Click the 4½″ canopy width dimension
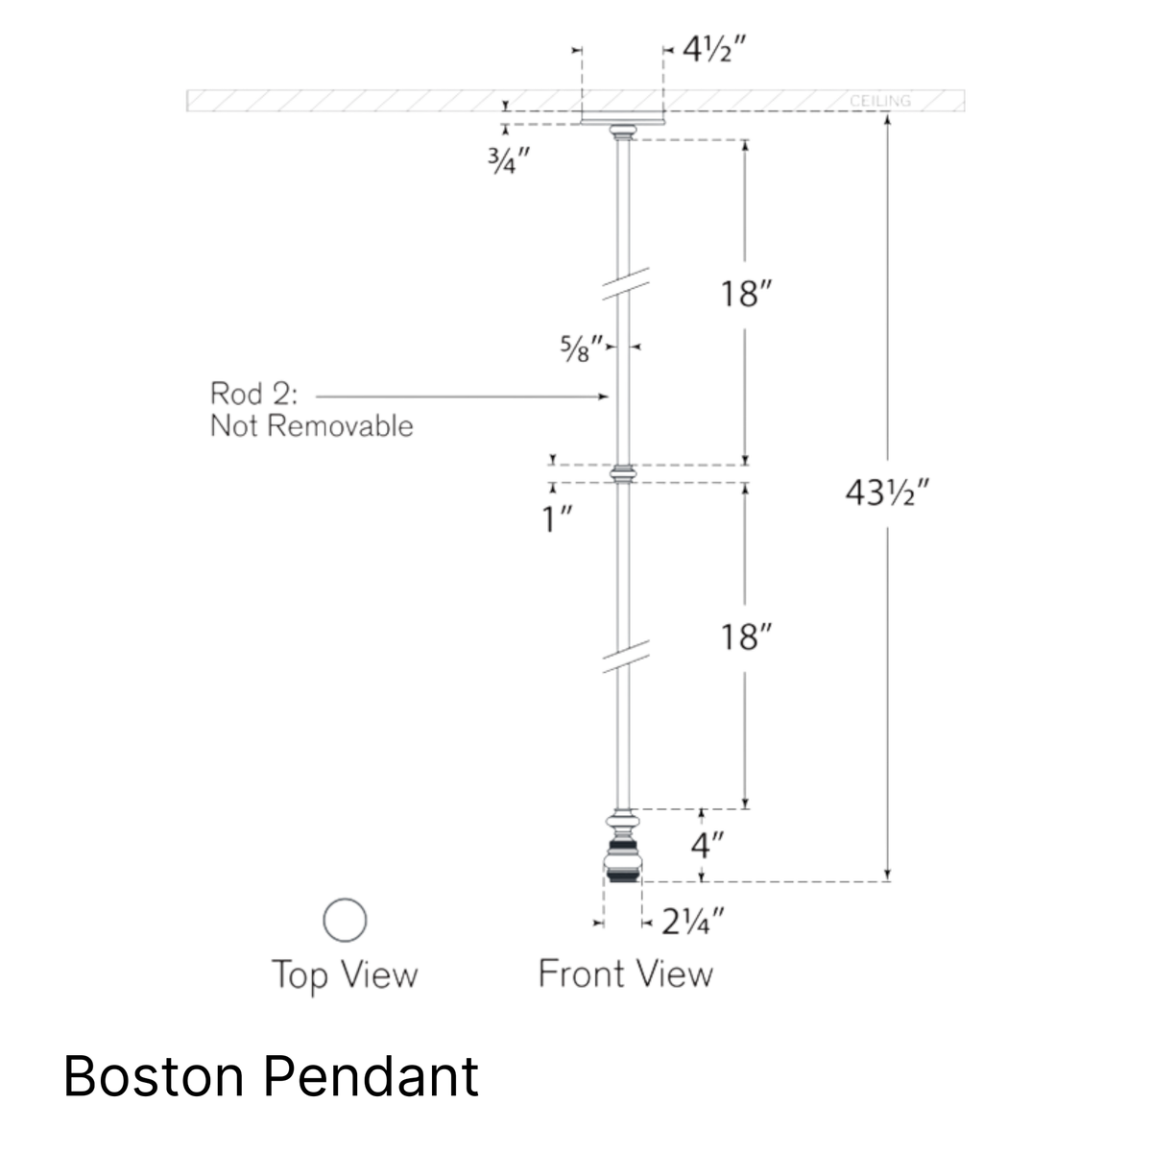(x=714, y=50)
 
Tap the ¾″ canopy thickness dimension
(x=509, y=160)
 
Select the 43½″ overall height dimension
(x=887, y=493)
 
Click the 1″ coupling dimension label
(x=557, y=518)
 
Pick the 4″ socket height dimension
(x=708, y=846)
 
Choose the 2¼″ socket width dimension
(x=693, y=922)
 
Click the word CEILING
(x=880, y=101)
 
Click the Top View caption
(x=345, y=975)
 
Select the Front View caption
(x=626, y=973)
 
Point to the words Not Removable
(x=311, y=426)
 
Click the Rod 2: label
(x=254, y=394)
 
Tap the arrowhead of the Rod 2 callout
(x=605, y=396)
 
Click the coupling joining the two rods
(x=623, y=474)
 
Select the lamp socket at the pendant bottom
(x=623, y=846)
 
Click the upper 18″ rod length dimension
(x=746, y=294)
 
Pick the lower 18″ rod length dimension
(x=746, y=637)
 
